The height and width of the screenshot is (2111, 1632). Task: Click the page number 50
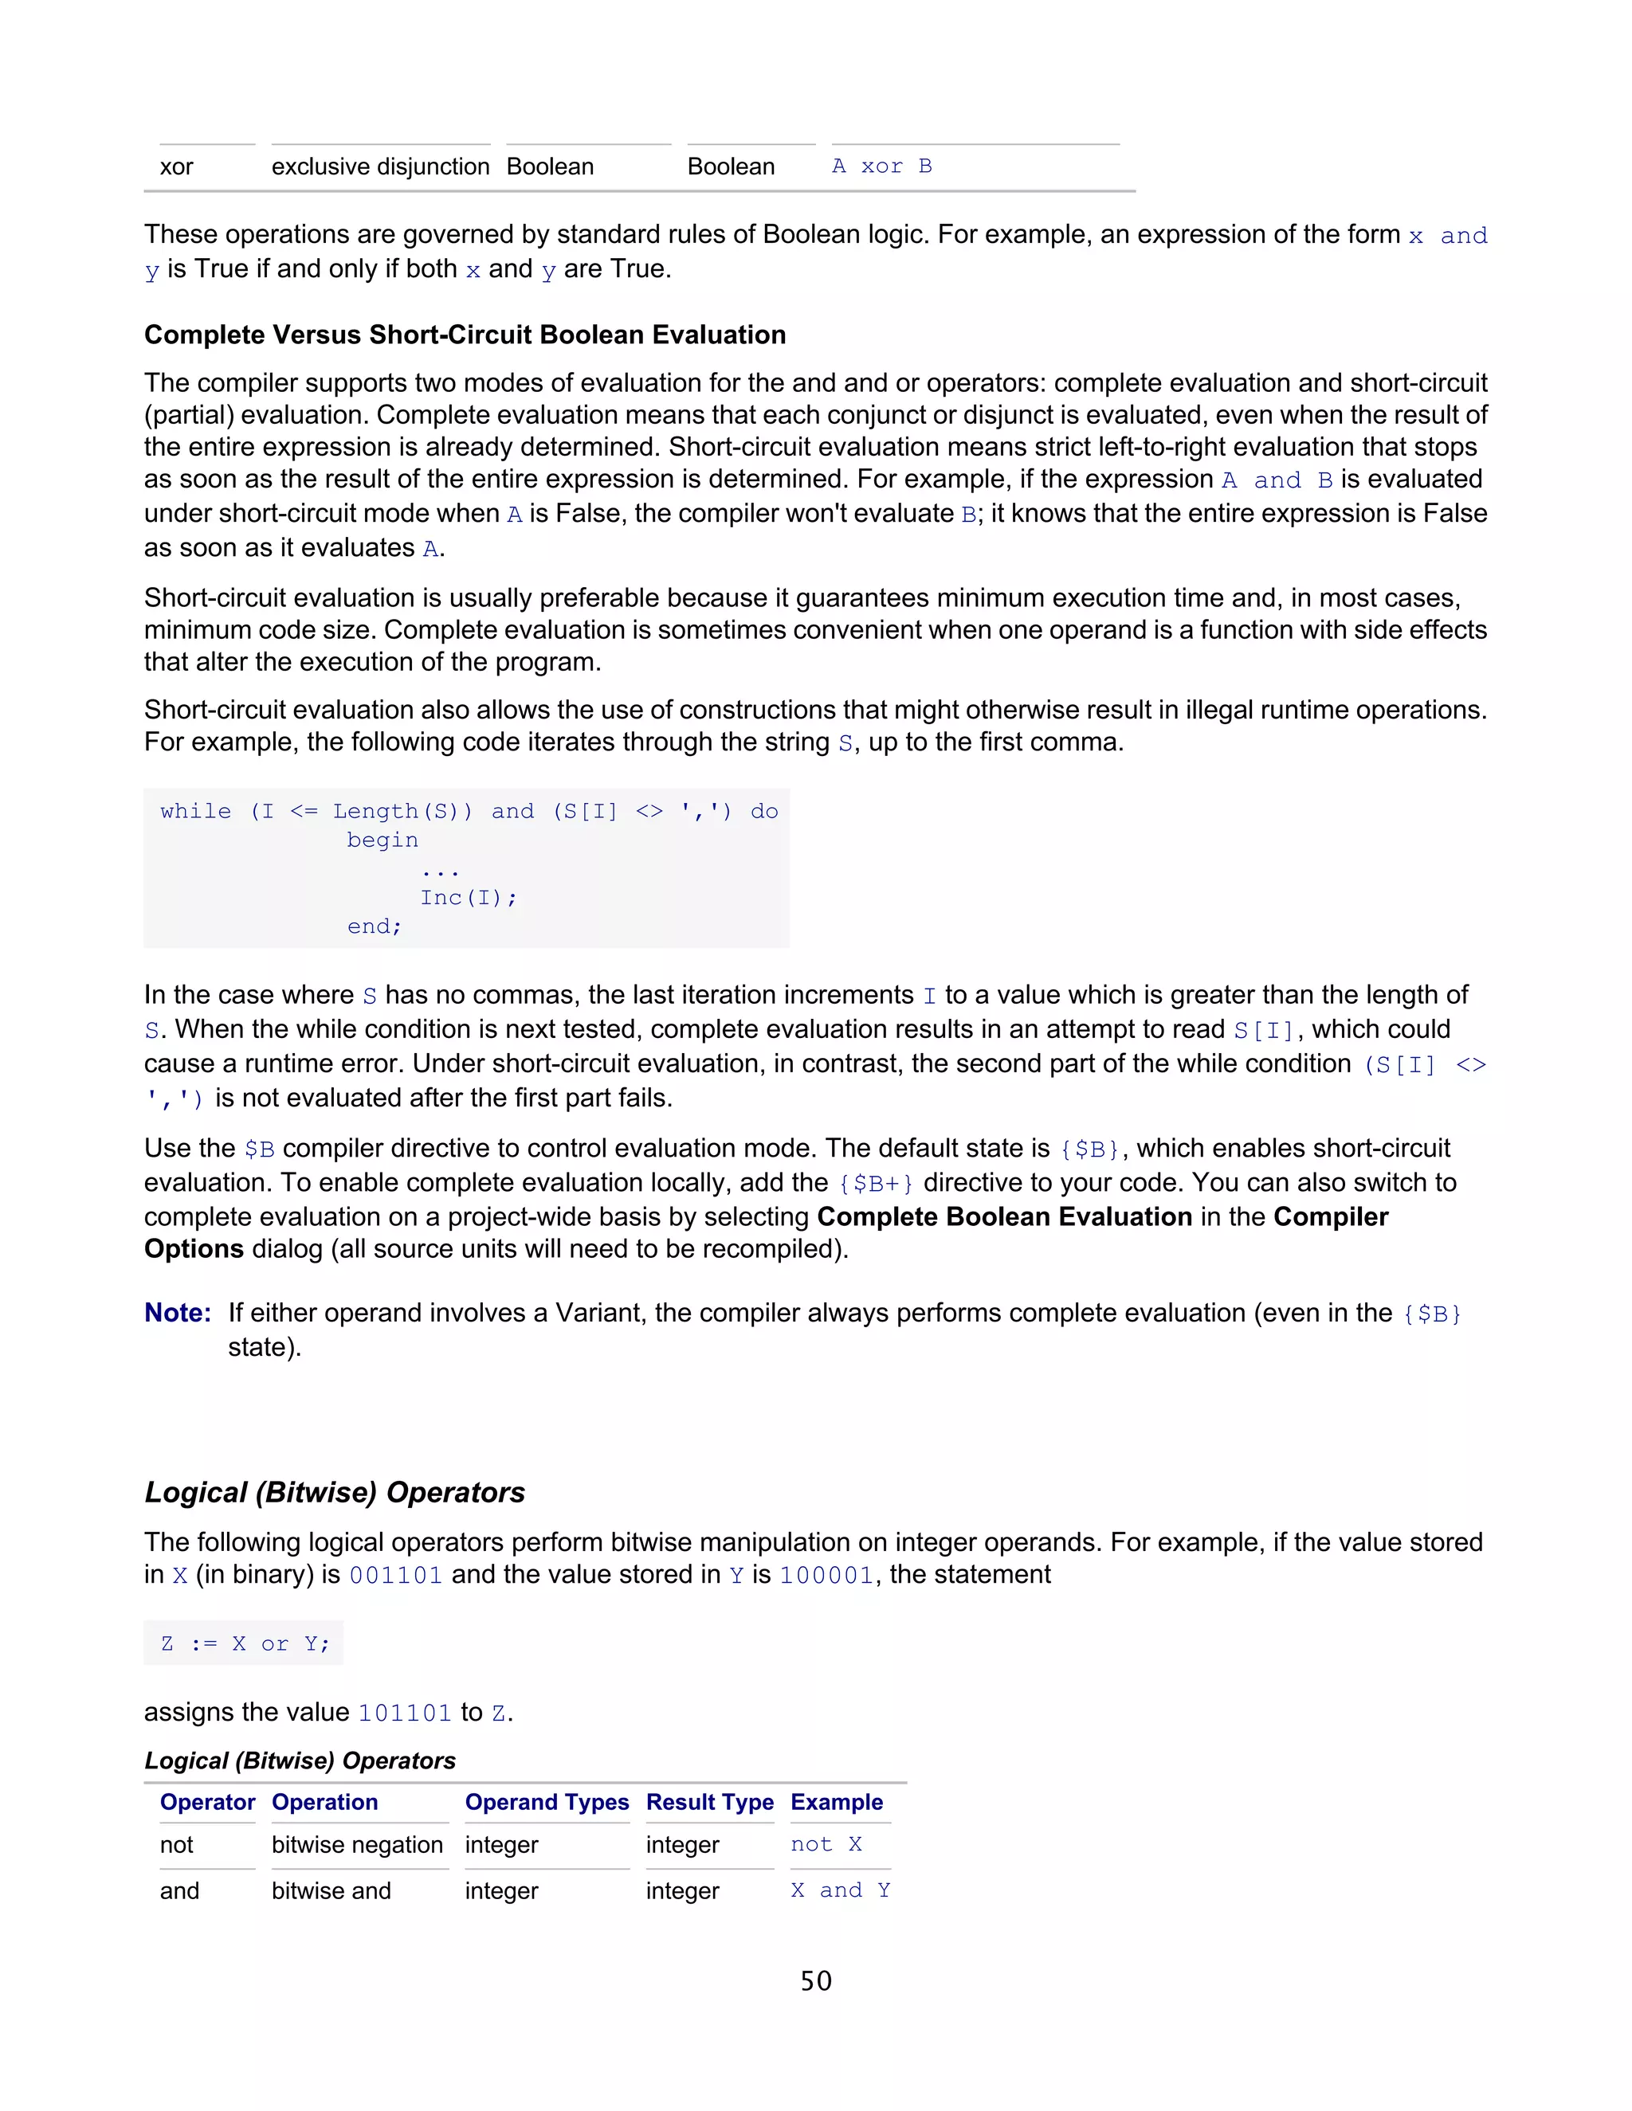815,1980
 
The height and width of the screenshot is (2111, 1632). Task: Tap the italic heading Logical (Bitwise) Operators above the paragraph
334,1491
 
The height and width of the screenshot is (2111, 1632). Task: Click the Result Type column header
710,1802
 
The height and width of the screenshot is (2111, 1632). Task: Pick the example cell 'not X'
826,1844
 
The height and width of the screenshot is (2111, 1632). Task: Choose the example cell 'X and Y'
839,1890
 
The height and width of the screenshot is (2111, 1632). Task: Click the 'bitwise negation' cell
357,1844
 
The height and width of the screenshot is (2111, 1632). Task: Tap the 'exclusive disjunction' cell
380,166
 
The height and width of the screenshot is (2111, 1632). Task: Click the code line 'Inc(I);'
468,897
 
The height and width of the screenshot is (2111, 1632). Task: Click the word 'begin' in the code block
382,840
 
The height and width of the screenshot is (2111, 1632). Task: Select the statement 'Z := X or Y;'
245,1643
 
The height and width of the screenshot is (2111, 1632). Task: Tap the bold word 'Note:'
178,1313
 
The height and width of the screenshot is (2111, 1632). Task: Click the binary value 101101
404,1713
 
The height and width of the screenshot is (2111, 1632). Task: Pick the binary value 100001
826,1575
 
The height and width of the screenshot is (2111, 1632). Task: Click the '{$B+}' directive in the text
875,1183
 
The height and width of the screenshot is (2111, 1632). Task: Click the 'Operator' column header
207,1802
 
